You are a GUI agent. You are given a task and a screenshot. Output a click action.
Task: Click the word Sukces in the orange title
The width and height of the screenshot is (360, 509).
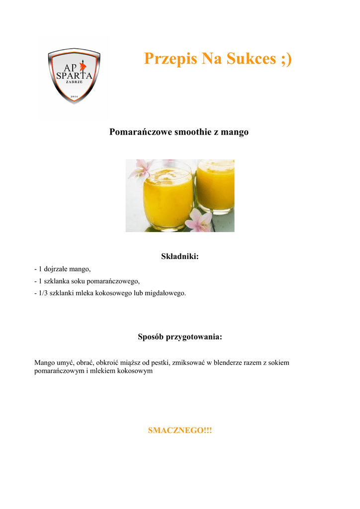pos(251,59)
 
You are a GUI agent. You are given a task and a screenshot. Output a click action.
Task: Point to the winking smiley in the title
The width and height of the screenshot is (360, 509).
pos(286,59)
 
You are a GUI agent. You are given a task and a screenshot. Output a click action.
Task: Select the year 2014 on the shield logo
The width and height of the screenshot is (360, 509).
pos(74,95)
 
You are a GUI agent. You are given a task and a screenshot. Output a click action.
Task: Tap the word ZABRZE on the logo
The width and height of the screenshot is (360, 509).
pos(74,82)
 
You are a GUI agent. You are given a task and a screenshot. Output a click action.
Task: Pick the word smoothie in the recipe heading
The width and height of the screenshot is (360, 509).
pos(189,132)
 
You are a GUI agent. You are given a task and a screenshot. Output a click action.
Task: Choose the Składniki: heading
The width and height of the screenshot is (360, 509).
pos(180,256)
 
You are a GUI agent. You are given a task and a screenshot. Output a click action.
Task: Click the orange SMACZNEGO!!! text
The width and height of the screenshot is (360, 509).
pos(180,430)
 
